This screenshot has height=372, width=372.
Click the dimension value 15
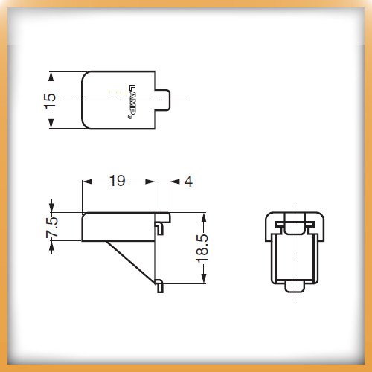pyautogui.click(x=50, y=100)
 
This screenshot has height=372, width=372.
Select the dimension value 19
pyautogui.click(x=118, y=181)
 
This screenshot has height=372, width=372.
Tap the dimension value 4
pyautogui.click(x=188, y=182)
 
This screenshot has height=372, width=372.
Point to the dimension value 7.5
pyautogui.click(x=52, y=227)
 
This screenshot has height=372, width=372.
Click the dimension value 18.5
pyautogui.click(x=202, y=248)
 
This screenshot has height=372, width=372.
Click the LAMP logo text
pyautogui.click(x=132, y=101)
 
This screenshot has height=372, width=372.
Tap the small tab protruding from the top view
pyautogui.click(x=163, y=100)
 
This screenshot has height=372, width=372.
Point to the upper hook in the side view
pyautogui.click(x=159, y=228)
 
